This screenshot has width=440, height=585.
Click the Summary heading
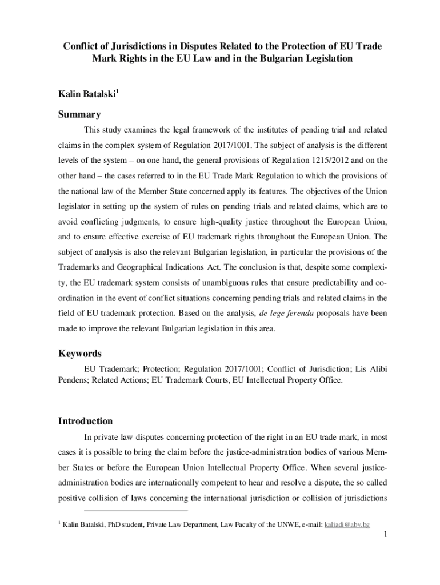point(79,114)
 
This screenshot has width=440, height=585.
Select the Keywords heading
point(80,354)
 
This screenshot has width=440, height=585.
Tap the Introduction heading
point(85,421)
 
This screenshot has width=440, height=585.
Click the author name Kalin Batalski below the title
point(85,93)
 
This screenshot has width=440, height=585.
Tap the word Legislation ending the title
point(322,59)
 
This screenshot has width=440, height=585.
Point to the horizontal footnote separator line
point(135,510)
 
